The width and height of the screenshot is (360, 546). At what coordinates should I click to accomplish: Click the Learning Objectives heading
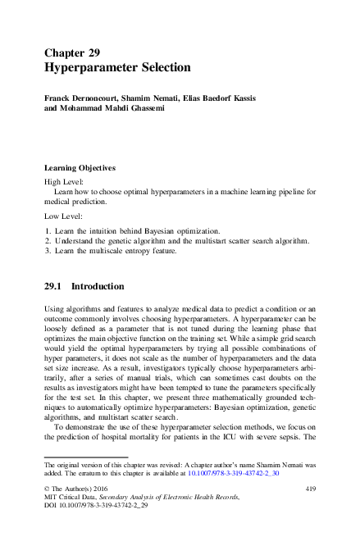pyautogui.click(x=85, y=167)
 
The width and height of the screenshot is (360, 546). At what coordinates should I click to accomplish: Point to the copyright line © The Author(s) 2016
pyautogui.click(x=80, y=489)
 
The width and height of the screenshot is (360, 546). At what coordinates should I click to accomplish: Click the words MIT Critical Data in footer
pyautogui.click(x=75, y=498)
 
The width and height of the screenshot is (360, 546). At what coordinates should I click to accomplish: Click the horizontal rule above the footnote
pyautogui.click(x=85, y=457)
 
